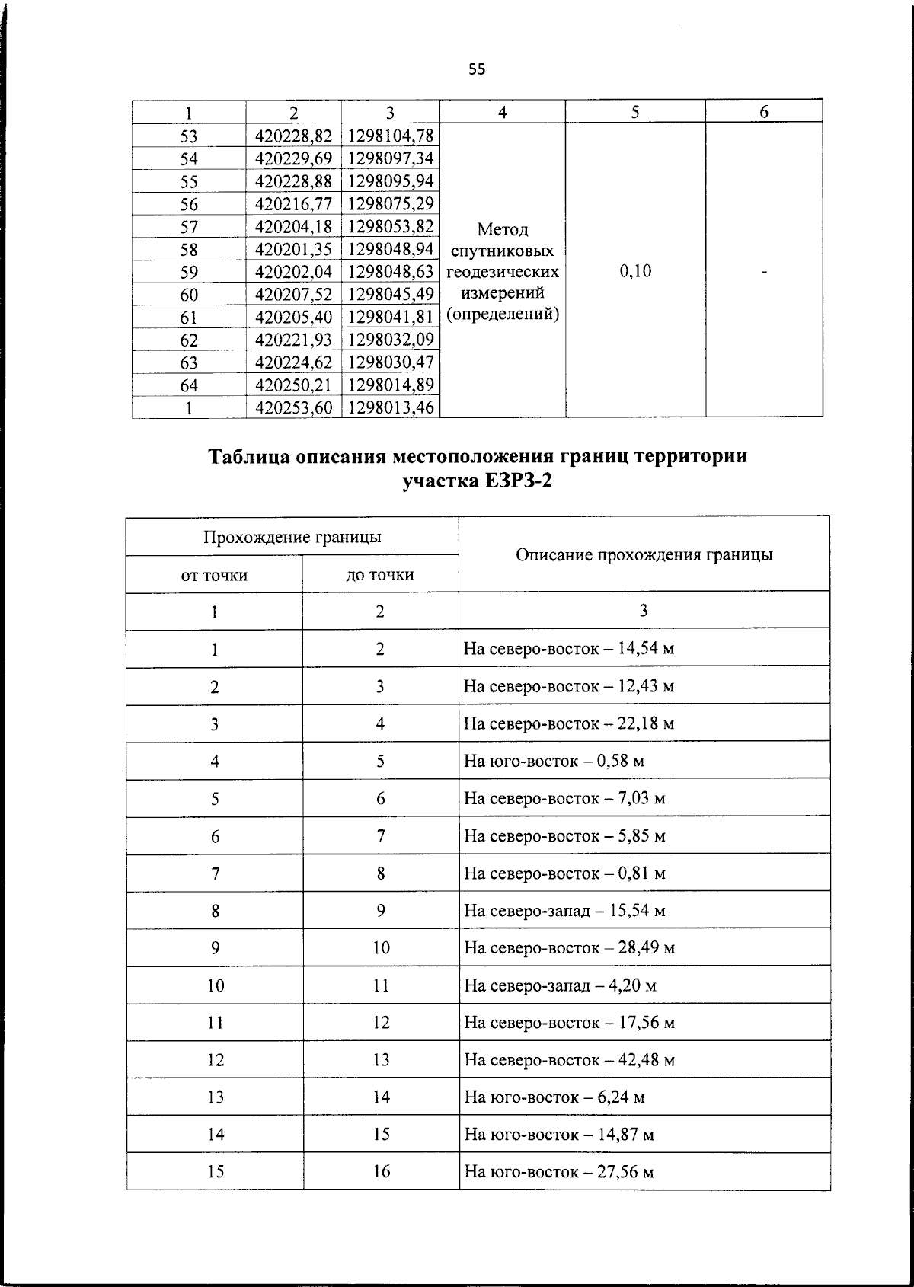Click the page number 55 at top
477,70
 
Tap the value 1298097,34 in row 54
391,158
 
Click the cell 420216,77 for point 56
294,203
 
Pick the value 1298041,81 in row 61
391,316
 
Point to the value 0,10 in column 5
636,271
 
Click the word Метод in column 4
502,229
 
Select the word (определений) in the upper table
502,314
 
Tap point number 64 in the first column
189,385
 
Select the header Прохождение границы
292,537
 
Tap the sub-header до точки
380,575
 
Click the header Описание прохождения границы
644,554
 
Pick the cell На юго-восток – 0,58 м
554,761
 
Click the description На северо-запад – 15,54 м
564,911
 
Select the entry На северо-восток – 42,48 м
569,1060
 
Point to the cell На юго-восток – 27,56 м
558,1172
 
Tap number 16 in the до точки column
381,1172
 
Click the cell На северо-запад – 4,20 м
560,985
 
